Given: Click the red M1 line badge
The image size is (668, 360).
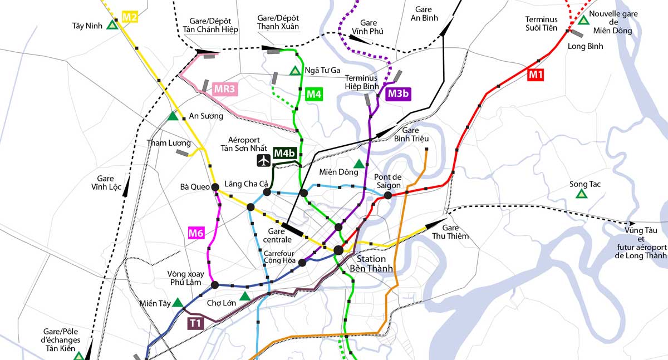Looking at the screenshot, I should [x=535, y=75].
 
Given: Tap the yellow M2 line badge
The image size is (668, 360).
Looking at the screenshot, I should [x=129, y=17].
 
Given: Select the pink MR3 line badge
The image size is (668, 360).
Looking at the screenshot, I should [x=225, y=88].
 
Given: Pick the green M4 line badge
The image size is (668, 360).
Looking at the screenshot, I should [x=314, y=94].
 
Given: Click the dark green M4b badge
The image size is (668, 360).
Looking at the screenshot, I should [x=284, y=153].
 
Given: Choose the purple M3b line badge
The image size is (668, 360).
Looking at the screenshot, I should [x=399, y=93].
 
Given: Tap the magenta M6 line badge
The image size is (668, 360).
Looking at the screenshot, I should [x=195, y=234].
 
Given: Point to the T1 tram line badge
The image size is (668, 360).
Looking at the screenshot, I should [x=195, y=323].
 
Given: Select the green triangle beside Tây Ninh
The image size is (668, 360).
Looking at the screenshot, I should [x=112, y=25].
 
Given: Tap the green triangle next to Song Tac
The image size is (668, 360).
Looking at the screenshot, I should [x=581, y=194].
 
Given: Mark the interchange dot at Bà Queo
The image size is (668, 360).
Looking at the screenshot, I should [x=215, y=188].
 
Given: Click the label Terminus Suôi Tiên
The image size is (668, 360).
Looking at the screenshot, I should [x=541, y=23].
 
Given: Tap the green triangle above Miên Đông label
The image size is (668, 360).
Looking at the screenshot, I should [x=359, y=164].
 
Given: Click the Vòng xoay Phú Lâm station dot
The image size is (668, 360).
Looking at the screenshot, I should [x=215, y=285].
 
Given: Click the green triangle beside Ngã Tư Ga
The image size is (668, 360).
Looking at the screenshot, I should [x=295, y=71].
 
